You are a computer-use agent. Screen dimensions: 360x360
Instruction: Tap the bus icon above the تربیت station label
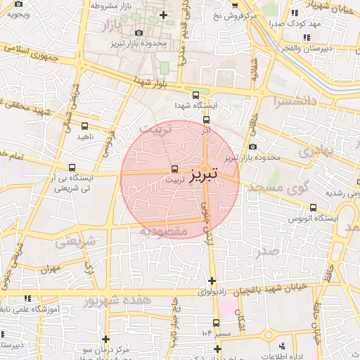pyautogui.click(x=174, y=169)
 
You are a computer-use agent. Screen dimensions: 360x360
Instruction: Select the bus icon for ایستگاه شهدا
pyautogui.click(x=195, y=95)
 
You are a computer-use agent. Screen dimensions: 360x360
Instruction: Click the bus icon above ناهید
pyautogui.click(x=86, y=126)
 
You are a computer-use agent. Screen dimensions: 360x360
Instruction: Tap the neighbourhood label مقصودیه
pyautogui.click(x=162, y=231)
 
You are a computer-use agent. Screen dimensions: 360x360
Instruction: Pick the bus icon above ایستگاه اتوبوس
pyautogui.click(x=313, y=207)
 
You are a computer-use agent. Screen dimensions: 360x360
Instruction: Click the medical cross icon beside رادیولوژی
pyautogui.click(x=211, y=281)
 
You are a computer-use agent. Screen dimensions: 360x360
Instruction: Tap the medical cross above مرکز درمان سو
pyautogui.click(x=105, y=338)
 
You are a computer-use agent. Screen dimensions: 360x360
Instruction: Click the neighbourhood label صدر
pyautogui.click(x=268, y=251)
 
